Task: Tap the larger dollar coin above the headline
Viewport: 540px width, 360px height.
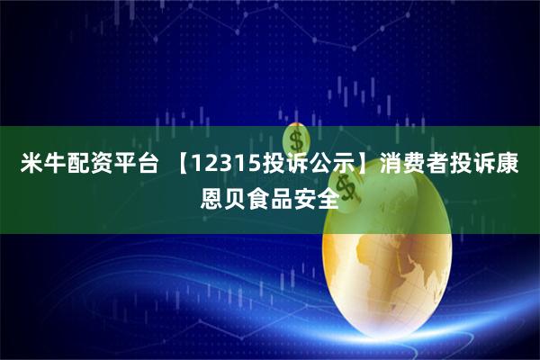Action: coord(295,139)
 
